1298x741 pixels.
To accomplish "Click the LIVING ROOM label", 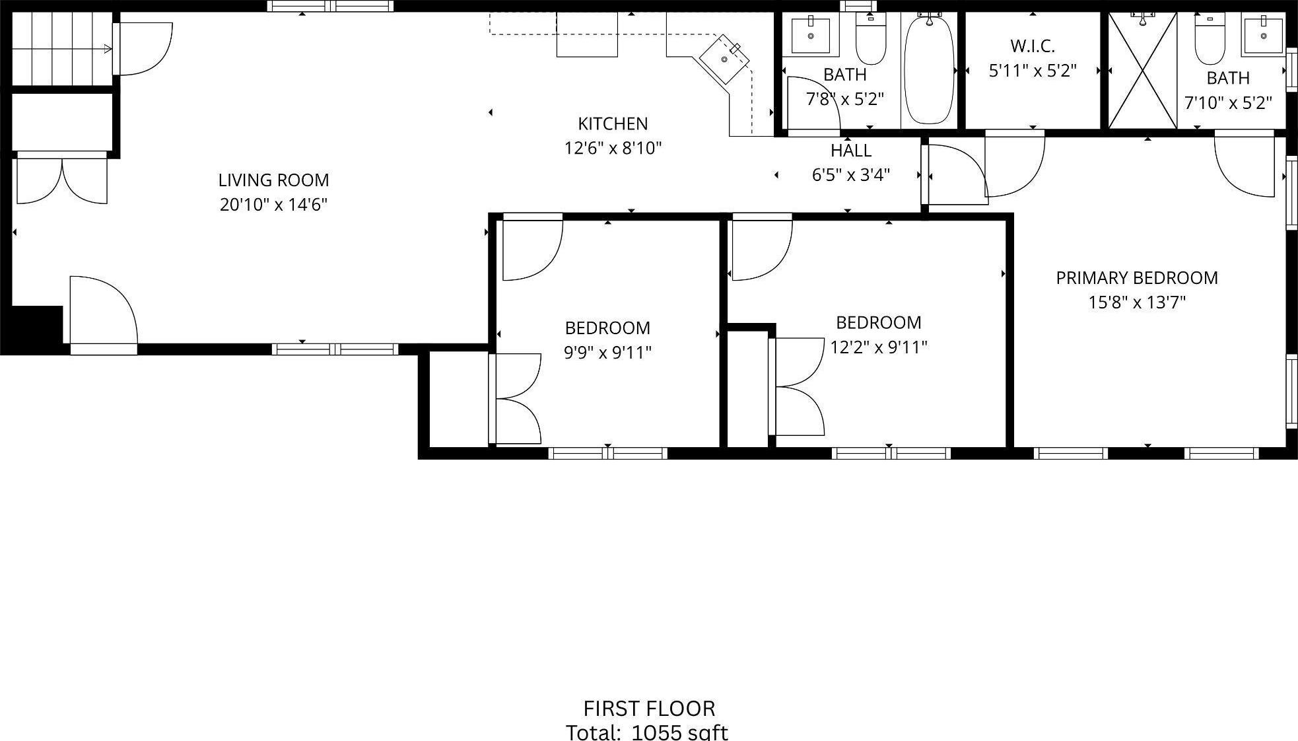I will click(x=273, y=180).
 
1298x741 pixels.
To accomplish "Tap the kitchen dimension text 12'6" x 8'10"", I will click(x=612, y=148).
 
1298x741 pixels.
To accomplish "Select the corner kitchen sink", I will click(x=725, y=59).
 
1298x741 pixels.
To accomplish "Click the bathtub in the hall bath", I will click(x=929, y=69).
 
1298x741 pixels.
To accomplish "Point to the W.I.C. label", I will click(x=1032, y=46).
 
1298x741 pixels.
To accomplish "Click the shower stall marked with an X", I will click(x=1142, y=71).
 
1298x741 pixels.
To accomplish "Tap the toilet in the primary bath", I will click(x=1210, y=38).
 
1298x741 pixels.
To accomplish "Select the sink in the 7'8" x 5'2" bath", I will click(x=811, y=34).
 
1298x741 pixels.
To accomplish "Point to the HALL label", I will click(x=850, y=151).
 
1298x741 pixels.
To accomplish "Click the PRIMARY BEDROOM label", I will click(x=1136, y=278).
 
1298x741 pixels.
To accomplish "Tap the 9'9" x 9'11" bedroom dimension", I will click(x=607, y=353).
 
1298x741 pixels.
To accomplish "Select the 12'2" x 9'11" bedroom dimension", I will click(x=878, y=347).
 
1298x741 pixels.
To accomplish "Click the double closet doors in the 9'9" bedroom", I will click(x=517, y=399).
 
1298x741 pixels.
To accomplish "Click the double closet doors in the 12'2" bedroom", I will click(x=799, y=386).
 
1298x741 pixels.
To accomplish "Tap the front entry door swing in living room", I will click(x=102, y=310).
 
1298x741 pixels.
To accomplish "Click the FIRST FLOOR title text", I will click(x=648, y=709).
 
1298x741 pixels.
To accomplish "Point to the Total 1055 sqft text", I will click(x=646, y=732).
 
